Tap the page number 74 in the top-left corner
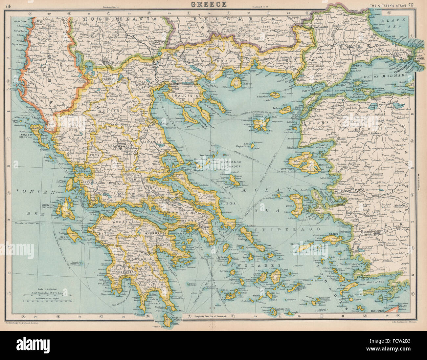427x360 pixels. [x=9, y=5]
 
